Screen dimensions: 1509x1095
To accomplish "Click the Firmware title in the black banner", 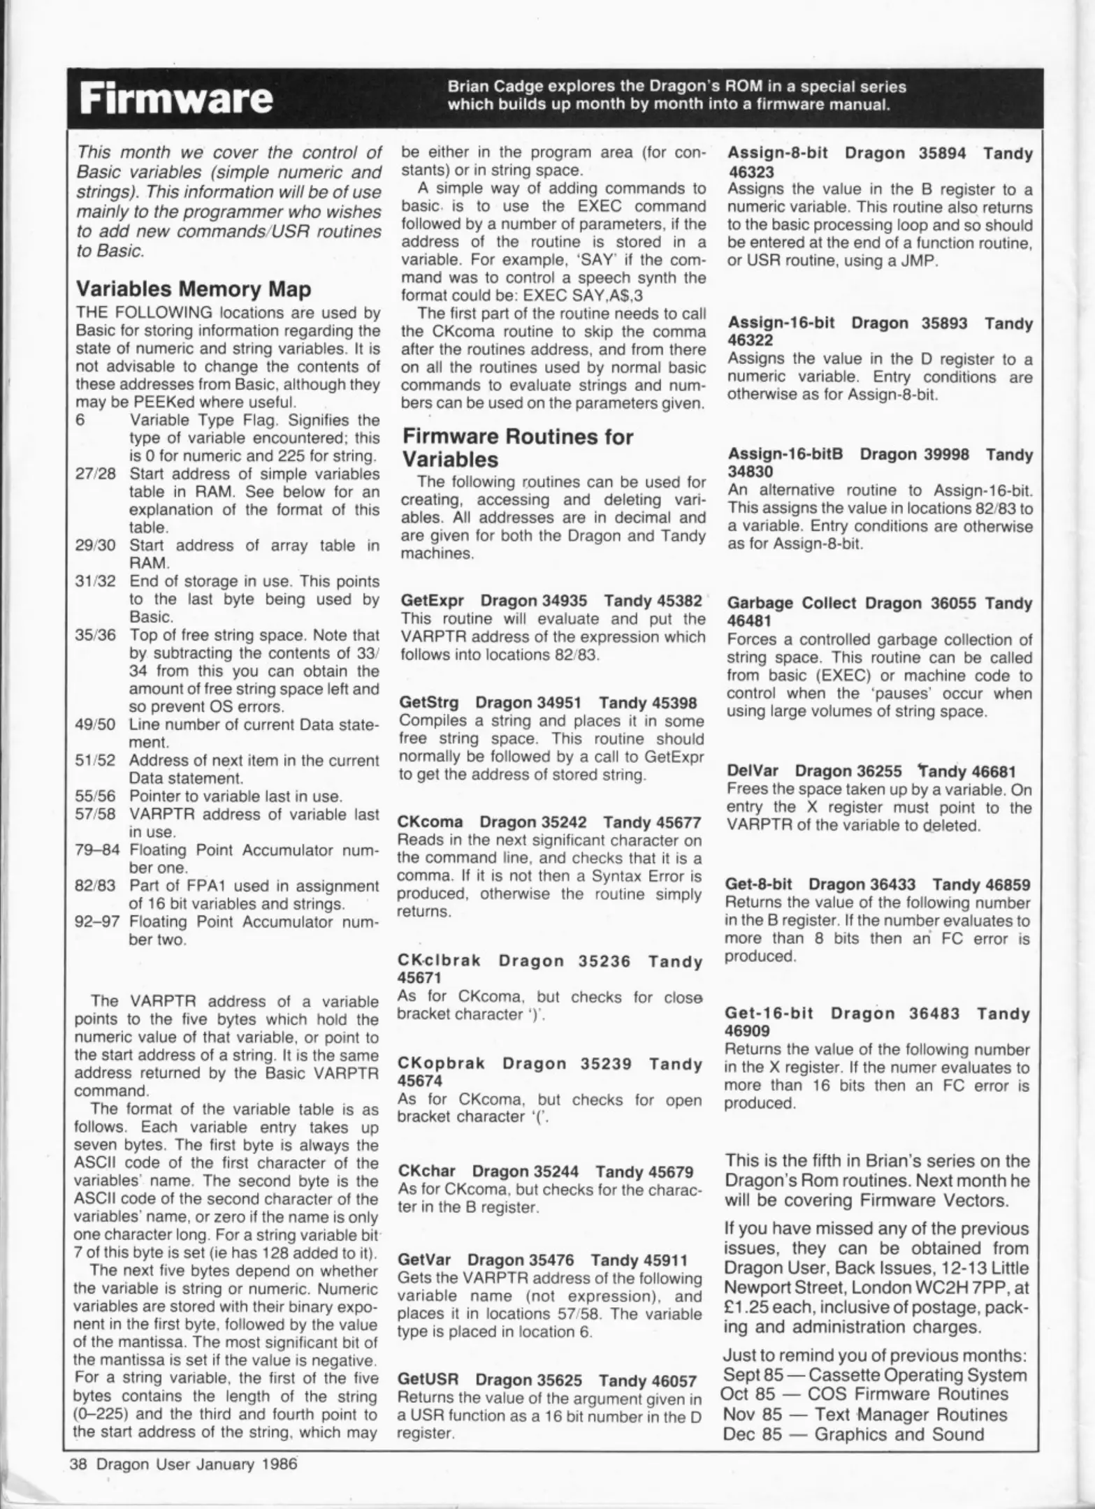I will click(x=175, y=99).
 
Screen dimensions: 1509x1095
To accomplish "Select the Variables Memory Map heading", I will click(x=193, y=289).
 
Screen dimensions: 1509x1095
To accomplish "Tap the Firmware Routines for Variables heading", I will click(x=517, y=449).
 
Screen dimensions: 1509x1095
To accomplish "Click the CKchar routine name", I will click(x=426, y=1171).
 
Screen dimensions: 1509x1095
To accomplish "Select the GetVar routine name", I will click(x=423, y=1260).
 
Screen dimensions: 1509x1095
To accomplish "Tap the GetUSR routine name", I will click(x=428, y=1361).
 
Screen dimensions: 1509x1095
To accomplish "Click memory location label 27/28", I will click(x=95, y=474).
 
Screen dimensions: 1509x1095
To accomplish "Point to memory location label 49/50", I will click(x=95, y=724).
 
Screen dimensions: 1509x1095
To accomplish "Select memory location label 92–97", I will click(x=95, y=921).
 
